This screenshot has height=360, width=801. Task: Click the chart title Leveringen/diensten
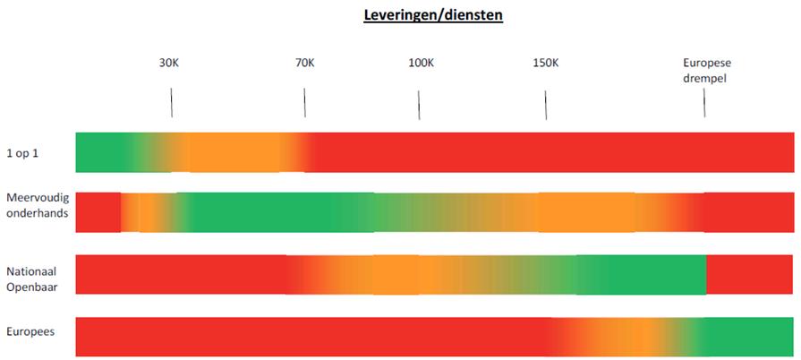pos(433,15)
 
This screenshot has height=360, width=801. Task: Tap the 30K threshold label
pos(169,63)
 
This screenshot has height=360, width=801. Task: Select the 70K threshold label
pos(304,63)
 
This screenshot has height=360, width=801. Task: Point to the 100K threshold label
pos(421,63)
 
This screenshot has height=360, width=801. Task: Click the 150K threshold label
pos(545,63)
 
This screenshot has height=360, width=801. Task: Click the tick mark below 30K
pos(171,102)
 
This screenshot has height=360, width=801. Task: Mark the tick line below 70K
pos(304,102)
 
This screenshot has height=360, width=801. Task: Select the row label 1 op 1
pos(22,152)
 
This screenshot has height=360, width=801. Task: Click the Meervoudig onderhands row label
pos(37,205)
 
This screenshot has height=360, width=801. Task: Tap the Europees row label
pos(30,331)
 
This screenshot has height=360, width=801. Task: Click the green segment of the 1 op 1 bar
pos(100,152)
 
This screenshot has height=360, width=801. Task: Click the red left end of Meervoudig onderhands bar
pos(97,212)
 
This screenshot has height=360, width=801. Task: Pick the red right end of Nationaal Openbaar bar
pos(750,275)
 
